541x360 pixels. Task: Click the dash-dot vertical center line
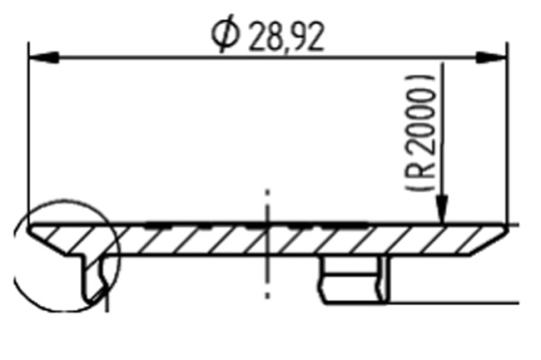point(267,271)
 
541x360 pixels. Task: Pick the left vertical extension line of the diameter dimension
point(29,135)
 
